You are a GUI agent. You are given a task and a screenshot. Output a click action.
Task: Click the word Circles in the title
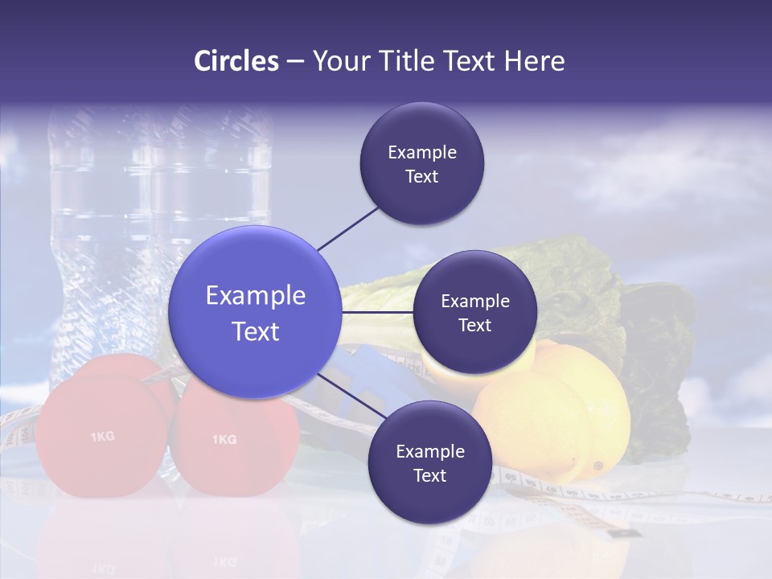pyautogui.click(x=236, y=61)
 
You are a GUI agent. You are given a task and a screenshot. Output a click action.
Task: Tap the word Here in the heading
pyautogui.click(x=534, y=61)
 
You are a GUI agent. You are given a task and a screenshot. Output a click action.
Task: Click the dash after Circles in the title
pyautogui.click(x=295, y=62)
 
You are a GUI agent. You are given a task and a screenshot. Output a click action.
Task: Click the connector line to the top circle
pyautogui.click(x=347, y=228)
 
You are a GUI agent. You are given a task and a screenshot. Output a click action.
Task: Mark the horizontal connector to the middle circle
pyautogui.click(x=378, y=312)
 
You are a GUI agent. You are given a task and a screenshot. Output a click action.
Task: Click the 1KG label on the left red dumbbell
pyautogui.click(x=102, y=437)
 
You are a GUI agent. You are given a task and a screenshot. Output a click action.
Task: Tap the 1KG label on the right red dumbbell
pyautogui.click(x=224, y=439)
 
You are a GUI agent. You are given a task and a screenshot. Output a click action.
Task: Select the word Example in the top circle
pyautogui.click(x=422, y=152)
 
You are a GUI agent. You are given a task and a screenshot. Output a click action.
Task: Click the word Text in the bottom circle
pyautogui.click(x=429, y=475)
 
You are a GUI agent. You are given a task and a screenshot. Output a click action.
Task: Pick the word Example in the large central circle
pyautogui.click(x=256, y=295)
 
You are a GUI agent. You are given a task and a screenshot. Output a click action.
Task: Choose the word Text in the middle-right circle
pyautogui.click(x=474, y=325)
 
